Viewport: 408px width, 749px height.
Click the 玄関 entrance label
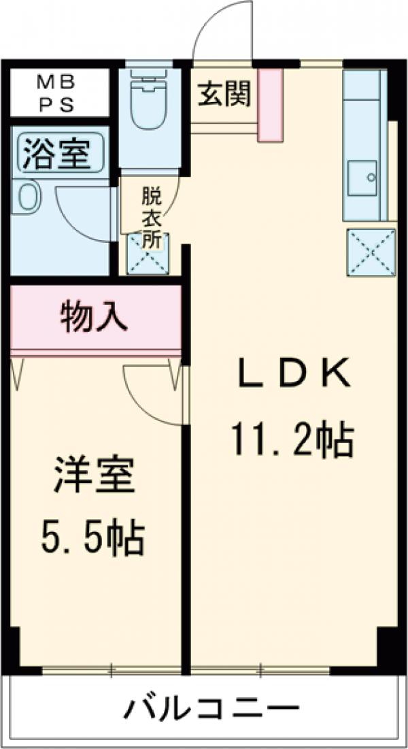(x=224, y=95)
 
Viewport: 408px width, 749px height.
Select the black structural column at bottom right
(x=388, y=646)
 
